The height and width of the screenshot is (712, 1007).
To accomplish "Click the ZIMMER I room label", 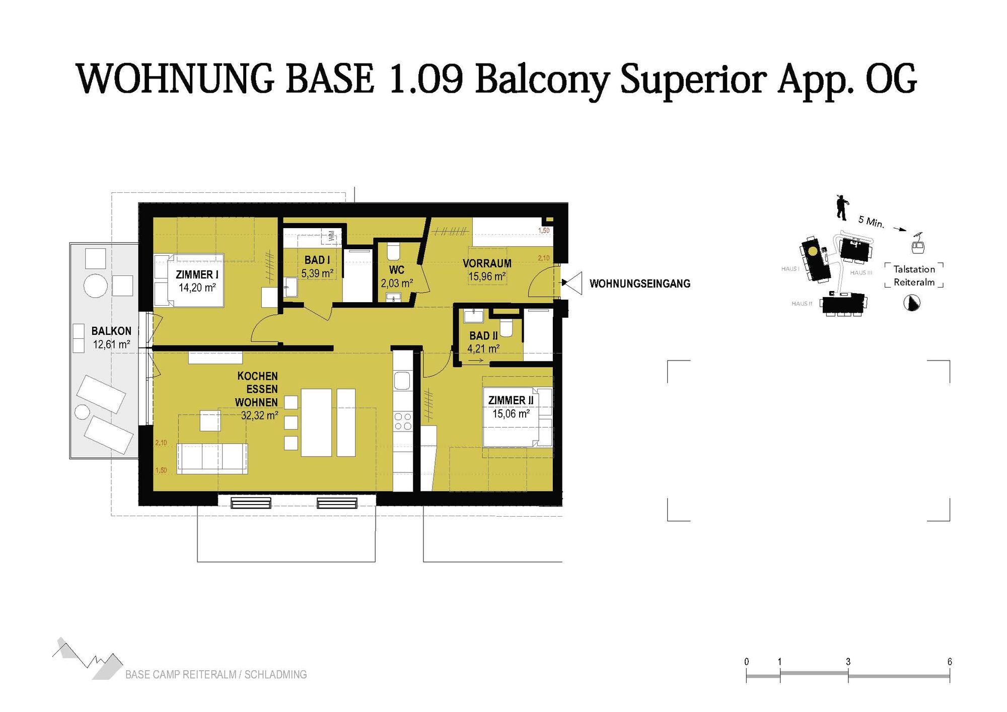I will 197,275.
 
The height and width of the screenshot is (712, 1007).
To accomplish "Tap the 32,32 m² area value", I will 259,415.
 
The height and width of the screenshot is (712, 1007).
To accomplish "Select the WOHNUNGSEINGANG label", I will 639,283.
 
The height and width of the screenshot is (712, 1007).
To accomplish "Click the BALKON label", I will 111,331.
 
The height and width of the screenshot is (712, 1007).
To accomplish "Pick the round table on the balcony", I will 95,286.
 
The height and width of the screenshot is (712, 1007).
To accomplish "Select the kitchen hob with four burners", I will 403,421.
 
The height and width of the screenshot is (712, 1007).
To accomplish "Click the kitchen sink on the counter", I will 402,381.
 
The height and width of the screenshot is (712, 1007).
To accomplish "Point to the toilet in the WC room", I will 393,251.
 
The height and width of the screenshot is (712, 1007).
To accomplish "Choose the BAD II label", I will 483,335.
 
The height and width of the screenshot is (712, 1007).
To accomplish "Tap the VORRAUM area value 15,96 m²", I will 487,276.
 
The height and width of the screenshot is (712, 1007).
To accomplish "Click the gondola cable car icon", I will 917,244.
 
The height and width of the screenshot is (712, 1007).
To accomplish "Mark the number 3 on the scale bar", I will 848,662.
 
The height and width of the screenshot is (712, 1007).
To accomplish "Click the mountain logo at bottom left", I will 88,659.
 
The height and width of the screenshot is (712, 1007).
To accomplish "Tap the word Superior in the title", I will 693,80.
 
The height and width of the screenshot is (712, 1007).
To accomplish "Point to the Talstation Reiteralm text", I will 914,275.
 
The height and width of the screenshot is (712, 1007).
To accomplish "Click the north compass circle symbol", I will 912,303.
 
